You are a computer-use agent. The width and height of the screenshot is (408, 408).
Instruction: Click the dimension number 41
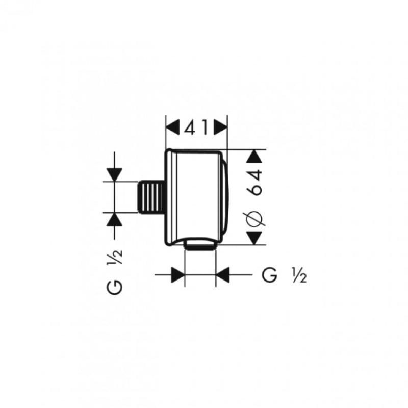(196, 127)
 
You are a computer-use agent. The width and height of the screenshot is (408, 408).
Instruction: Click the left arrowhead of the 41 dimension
(173, 127)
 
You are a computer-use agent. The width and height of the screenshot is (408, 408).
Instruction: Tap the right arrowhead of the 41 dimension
(220, 127)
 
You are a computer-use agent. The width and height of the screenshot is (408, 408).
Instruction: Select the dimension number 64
(254, 182)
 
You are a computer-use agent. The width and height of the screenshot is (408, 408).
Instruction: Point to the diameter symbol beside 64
(254, 218)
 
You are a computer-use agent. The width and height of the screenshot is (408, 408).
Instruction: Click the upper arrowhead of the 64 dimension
(254, 157)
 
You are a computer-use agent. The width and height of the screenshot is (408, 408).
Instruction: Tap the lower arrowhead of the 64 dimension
(254, 238)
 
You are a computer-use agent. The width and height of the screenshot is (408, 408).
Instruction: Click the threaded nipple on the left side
(151, 197)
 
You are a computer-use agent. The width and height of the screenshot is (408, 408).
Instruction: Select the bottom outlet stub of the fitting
(200, 245)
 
